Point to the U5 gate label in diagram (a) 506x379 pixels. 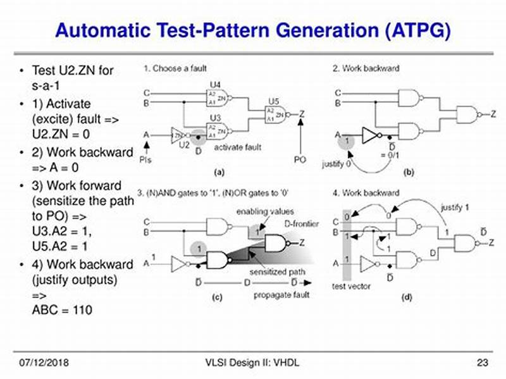[273, 101]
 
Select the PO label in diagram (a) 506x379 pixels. [299, 159]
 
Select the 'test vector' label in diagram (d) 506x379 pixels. [351, 286]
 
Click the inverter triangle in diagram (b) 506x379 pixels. [369, 134]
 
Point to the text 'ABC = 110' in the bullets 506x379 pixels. [61, 310]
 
